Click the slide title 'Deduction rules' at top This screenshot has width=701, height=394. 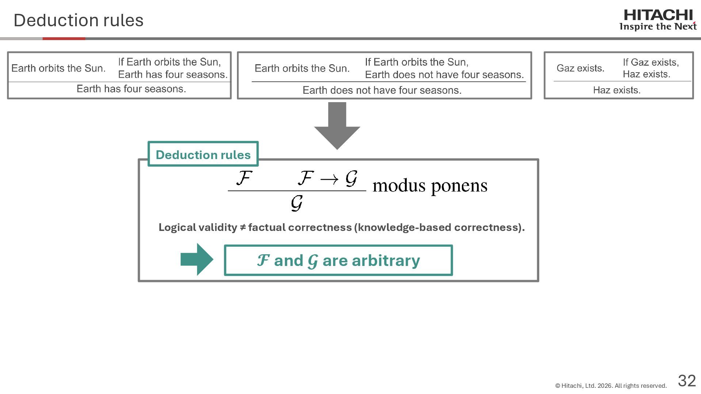78,20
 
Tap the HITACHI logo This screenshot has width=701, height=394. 658,15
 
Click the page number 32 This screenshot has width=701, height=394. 687,381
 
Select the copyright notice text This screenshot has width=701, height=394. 611,386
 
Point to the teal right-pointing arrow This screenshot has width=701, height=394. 197,259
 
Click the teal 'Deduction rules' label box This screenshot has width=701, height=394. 203,154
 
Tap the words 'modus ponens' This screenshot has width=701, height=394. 430,185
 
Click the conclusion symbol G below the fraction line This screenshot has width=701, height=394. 297,203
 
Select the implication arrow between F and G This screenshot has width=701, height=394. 329,179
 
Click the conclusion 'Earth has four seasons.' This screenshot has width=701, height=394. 131,89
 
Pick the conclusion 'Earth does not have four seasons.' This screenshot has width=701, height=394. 382,90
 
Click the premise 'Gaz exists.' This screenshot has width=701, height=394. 580,68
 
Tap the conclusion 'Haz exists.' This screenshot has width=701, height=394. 617,90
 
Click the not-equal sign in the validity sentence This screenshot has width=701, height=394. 243,227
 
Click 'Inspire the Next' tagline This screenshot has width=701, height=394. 658,27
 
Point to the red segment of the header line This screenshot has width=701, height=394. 64,38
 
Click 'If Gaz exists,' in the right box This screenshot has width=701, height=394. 651,62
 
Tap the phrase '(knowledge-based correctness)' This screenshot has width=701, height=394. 439,227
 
